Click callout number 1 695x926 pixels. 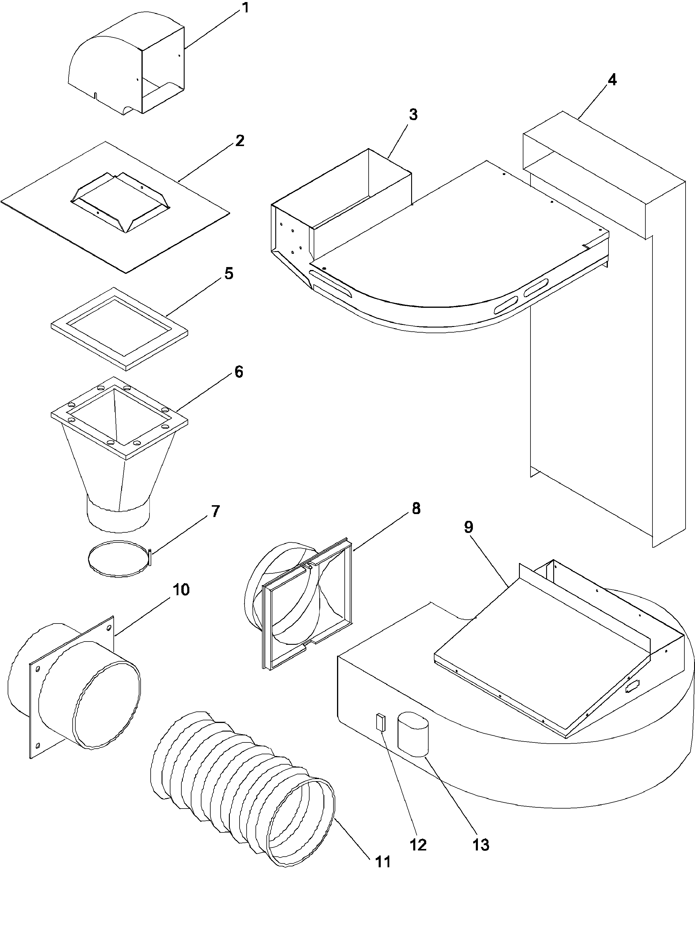pyautogui.click(x=245, y=8)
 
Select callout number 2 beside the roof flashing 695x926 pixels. pyautogui.click(x=239, y=141)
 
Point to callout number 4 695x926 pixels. pyautogui.click(x=612, y=80)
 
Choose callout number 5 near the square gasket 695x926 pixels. pyautogui.click(x=229, y=274)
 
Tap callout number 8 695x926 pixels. pyautogui.click(x=416, y=509)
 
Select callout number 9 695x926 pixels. pyautogui.click(x=469, y=527)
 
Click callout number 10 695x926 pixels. pyautogui.click(x=181, y=590)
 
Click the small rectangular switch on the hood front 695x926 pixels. pyautogui.click(x=380, y=722)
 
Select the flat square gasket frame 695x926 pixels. pyautogui.click(x=119, y=329)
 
